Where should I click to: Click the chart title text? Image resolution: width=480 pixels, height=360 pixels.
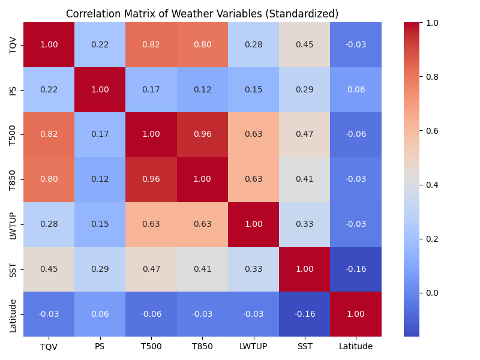click(202, 14)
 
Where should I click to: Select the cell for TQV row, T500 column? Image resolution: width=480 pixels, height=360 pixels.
click(151, 44)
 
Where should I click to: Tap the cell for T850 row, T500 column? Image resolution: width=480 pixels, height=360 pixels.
click(151, 179)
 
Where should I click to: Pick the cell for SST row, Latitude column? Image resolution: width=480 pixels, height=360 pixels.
click(356, 269)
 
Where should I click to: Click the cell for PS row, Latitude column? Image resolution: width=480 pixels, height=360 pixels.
click(356, 89)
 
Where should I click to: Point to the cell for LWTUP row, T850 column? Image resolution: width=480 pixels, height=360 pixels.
click(202, 224)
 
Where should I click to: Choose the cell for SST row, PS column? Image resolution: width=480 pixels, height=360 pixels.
click(100, 269)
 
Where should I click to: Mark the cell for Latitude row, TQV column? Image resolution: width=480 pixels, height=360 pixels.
click(49, 314)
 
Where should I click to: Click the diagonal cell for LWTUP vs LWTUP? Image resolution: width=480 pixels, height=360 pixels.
click(253, 224)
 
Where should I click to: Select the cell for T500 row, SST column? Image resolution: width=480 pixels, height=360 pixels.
click(305, 134)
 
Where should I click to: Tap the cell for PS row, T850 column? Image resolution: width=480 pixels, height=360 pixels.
click(202, 89)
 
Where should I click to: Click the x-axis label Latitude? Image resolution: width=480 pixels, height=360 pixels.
click(356, 346)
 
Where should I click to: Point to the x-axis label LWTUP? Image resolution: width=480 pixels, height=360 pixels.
click(253, 346)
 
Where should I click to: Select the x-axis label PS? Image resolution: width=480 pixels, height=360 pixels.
click(100, 346)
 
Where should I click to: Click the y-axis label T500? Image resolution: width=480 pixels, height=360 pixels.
click(13, 134)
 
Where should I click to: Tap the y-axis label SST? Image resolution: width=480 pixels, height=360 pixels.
click(13, 269)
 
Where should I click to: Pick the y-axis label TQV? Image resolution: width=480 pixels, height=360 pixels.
click(13, 44)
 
